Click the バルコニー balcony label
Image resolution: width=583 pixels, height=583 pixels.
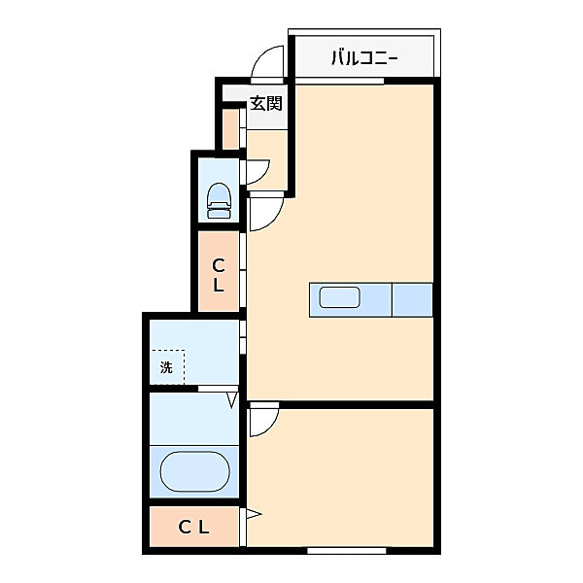tap(364, 58)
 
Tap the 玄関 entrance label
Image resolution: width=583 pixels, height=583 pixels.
tap(266, 103)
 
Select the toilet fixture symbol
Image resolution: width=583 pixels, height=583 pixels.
tap(219, 200)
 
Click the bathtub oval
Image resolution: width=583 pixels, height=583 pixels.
tap(195, 471)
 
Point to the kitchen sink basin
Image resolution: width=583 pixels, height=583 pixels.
tap(339, 297)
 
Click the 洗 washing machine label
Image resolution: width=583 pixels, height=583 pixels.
tap(166, 367)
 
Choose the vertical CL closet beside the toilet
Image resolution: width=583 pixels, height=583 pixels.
tap(219, 271)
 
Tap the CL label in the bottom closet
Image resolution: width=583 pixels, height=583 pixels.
tap(193, 527)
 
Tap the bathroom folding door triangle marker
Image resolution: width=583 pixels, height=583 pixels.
tap(233, 399)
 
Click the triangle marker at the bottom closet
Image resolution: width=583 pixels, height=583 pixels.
tap(254, 514)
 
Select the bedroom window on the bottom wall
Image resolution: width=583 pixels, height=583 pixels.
tap(347, 550)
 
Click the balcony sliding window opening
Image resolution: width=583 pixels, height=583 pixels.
tap(339, 81)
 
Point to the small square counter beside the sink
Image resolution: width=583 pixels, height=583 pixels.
tap(412, 299)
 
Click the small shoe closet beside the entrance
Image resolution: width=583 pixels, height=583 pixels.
tap(230, 129)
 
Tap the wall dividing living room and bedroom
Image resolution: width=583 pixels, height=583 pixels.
tap(341, 404)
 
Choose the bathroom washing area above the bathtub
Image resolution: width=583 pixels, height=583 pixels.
tap(194, 418)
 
